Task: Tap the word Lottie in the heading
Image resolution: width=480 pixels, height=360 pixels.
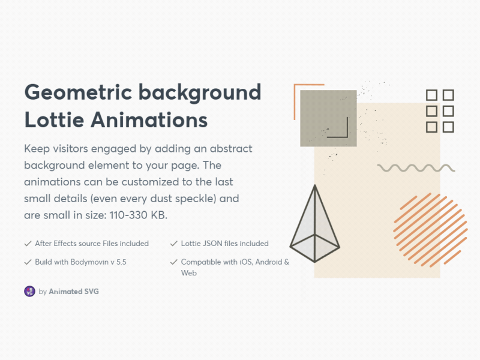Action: coord(53,120)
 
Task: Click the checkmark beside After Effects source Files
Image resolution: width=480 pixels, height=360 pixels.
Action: coord(28,244)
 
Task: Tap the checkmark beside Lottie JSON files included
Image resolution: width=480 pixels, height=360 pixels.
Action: coord(174,244)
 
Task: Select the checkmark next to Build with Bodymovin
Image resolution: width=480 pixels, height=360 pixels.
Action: coord(28,262)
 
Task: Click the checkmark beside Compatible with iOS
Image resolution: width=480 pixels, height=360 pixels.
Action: coord(174,262)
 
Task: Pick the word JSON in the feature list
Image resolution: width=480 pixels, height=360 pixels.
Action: coord(213,244)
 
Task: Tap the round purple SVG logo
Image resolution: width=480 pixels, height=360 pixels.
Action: coord(29,291)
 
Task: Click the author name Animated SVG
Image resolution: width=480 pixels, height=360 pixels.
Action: coord(74,292)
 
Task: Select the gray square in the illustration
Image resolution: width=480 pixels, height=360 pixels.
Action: coord(328,118)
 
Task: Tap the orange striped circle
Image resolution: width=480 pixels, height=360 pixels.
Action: coord(427,230)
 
